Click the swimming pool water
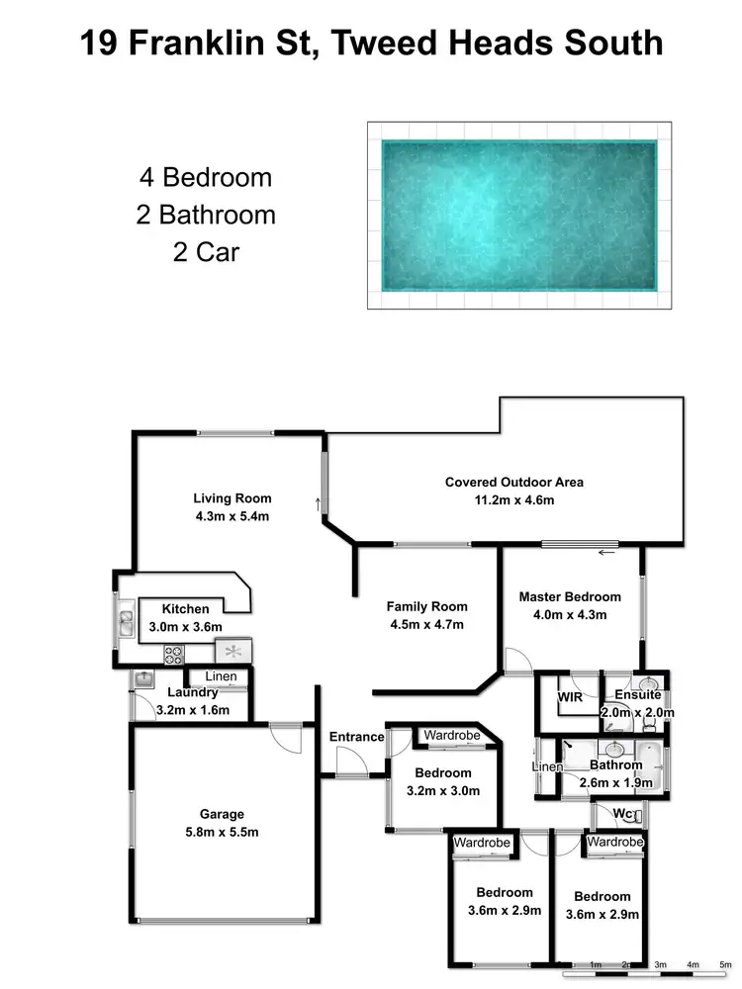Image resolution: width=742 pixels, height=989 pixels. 519,213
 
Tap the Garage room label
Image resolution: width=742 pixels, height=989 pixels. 222,814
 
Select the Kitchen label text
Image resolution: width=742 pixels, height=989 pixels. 185,609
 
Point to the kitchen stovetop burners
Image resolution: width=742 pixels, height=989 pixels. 173,653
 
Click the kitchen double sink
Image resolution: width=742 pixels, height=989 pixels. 126,623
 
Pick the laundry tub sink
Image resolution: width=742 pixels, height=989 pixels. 143,679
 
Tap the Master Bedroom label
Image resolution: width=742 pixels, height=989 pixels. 570,596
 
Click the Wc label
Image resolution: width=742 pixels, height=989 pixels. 623,814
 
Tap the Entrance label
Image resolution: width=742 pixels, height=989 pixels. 356,737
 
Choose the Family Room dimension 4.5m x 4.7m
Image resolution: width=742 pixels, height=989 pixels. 426,624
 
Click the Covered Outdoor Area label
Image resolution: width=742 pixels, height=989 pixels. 514,483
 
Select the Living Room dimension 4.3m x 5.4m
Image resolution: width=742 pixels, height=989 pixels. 232,515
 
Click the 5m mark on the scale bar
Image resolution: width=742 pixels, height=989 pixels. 725,963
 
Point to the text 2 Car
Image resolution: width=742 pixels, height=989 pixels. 206,251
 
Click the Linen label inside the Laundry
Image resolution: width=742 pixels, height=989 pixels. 220,676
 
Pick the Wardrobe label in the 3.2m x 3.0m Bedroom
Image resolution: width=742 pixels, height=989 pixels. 451,735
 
